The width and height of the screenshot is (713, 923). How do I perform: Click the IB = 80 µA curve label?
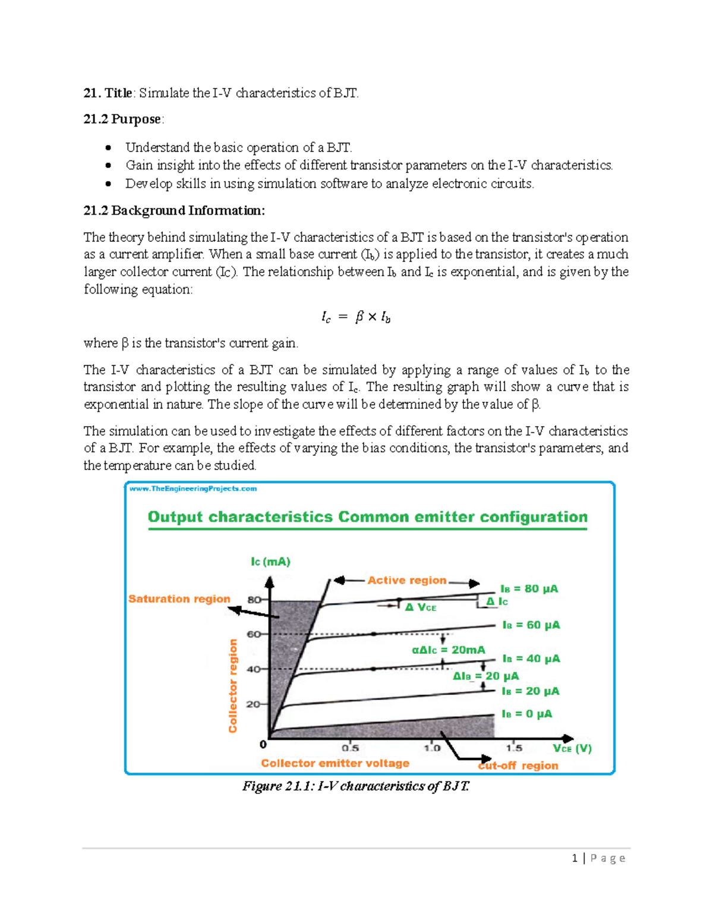[529, 589]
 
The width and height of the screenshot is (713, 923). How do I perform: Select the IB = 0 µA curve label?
[526, 714]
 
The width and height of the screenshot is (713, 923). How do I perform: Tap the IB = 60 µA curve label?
[531, 625]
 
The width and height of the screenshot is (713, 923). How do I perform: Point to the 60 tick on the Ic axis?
[254, 634]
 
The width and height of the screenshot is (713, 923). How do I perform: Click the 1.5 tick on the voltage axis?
[514, 748]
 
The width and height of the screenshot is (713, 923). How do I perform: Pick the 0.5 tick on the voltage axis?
[350, 748]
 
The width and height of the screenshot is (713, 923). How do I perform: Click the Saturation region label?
[179, 599]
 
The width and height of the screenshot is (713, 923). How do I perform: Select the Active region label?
[406, 580]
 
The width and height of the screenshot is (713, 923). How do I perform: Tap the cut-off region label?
[518, 766]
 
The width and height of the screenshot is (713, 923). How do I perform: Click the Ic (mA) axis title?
[270, 562]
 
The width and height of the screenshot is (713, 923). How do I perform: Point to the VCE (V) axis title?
[572, 749]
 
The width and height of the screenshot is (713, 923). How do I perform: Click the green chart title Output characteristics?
[367, 517]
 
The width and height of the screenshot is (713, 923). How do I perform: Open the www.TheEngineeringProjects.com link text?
[193, 489]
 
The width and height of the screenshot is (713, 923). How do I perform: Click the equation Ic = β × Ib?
[355, 317]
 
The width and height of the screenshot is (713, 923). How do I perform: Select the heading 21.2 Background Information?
[174, 210]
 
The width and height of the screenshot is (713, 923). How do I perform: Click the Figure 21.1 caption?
[355, 786]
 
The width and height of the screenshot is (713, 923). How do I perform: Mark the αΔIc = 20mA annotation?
[448, 650]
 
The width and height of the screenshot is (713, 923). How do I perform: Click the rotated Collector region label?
[232, 686]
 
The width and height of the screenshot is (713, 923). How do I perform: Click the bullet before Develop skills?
[108, 184]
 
